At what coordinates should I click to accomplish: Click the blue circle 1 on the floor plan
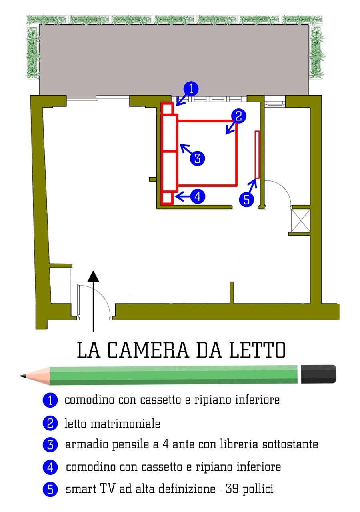pyautogui.click(x=191, y=89)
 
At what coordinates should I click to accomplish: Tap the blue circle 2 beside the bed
pyautogui.click(x=238, y=116)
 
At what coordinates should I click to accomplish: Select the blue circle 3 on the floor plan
pyautogui.click(x=197, y=158)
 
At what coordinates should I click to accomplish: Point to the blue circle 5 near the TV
pyautogui.click(x=246, y=200)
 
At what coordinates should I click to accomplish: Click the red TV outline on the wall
pyautogui.click(x=257, y=154)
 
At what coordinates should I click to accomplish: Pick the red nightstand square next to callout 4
pyautogui.click(x=167, y=198)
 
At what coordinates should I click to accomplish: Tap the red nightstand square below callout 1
pyautogui.click(x=167, y=109)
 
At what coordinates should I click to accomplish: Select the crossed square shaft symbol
pyautogui.click(x=300, y=220)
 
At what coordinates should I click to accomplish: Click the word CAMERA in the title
pyautogui.click(x=148, y=350)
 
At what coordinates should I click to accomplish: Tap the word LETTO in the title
pyautogui.click(x=257, y=350)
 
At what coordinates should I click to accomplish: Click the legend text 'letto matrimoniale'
pyautogui.click(x=112, y=424)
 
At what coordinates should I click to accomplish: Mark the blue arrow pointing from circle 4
pyautogui.click(x=183, y=196)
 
